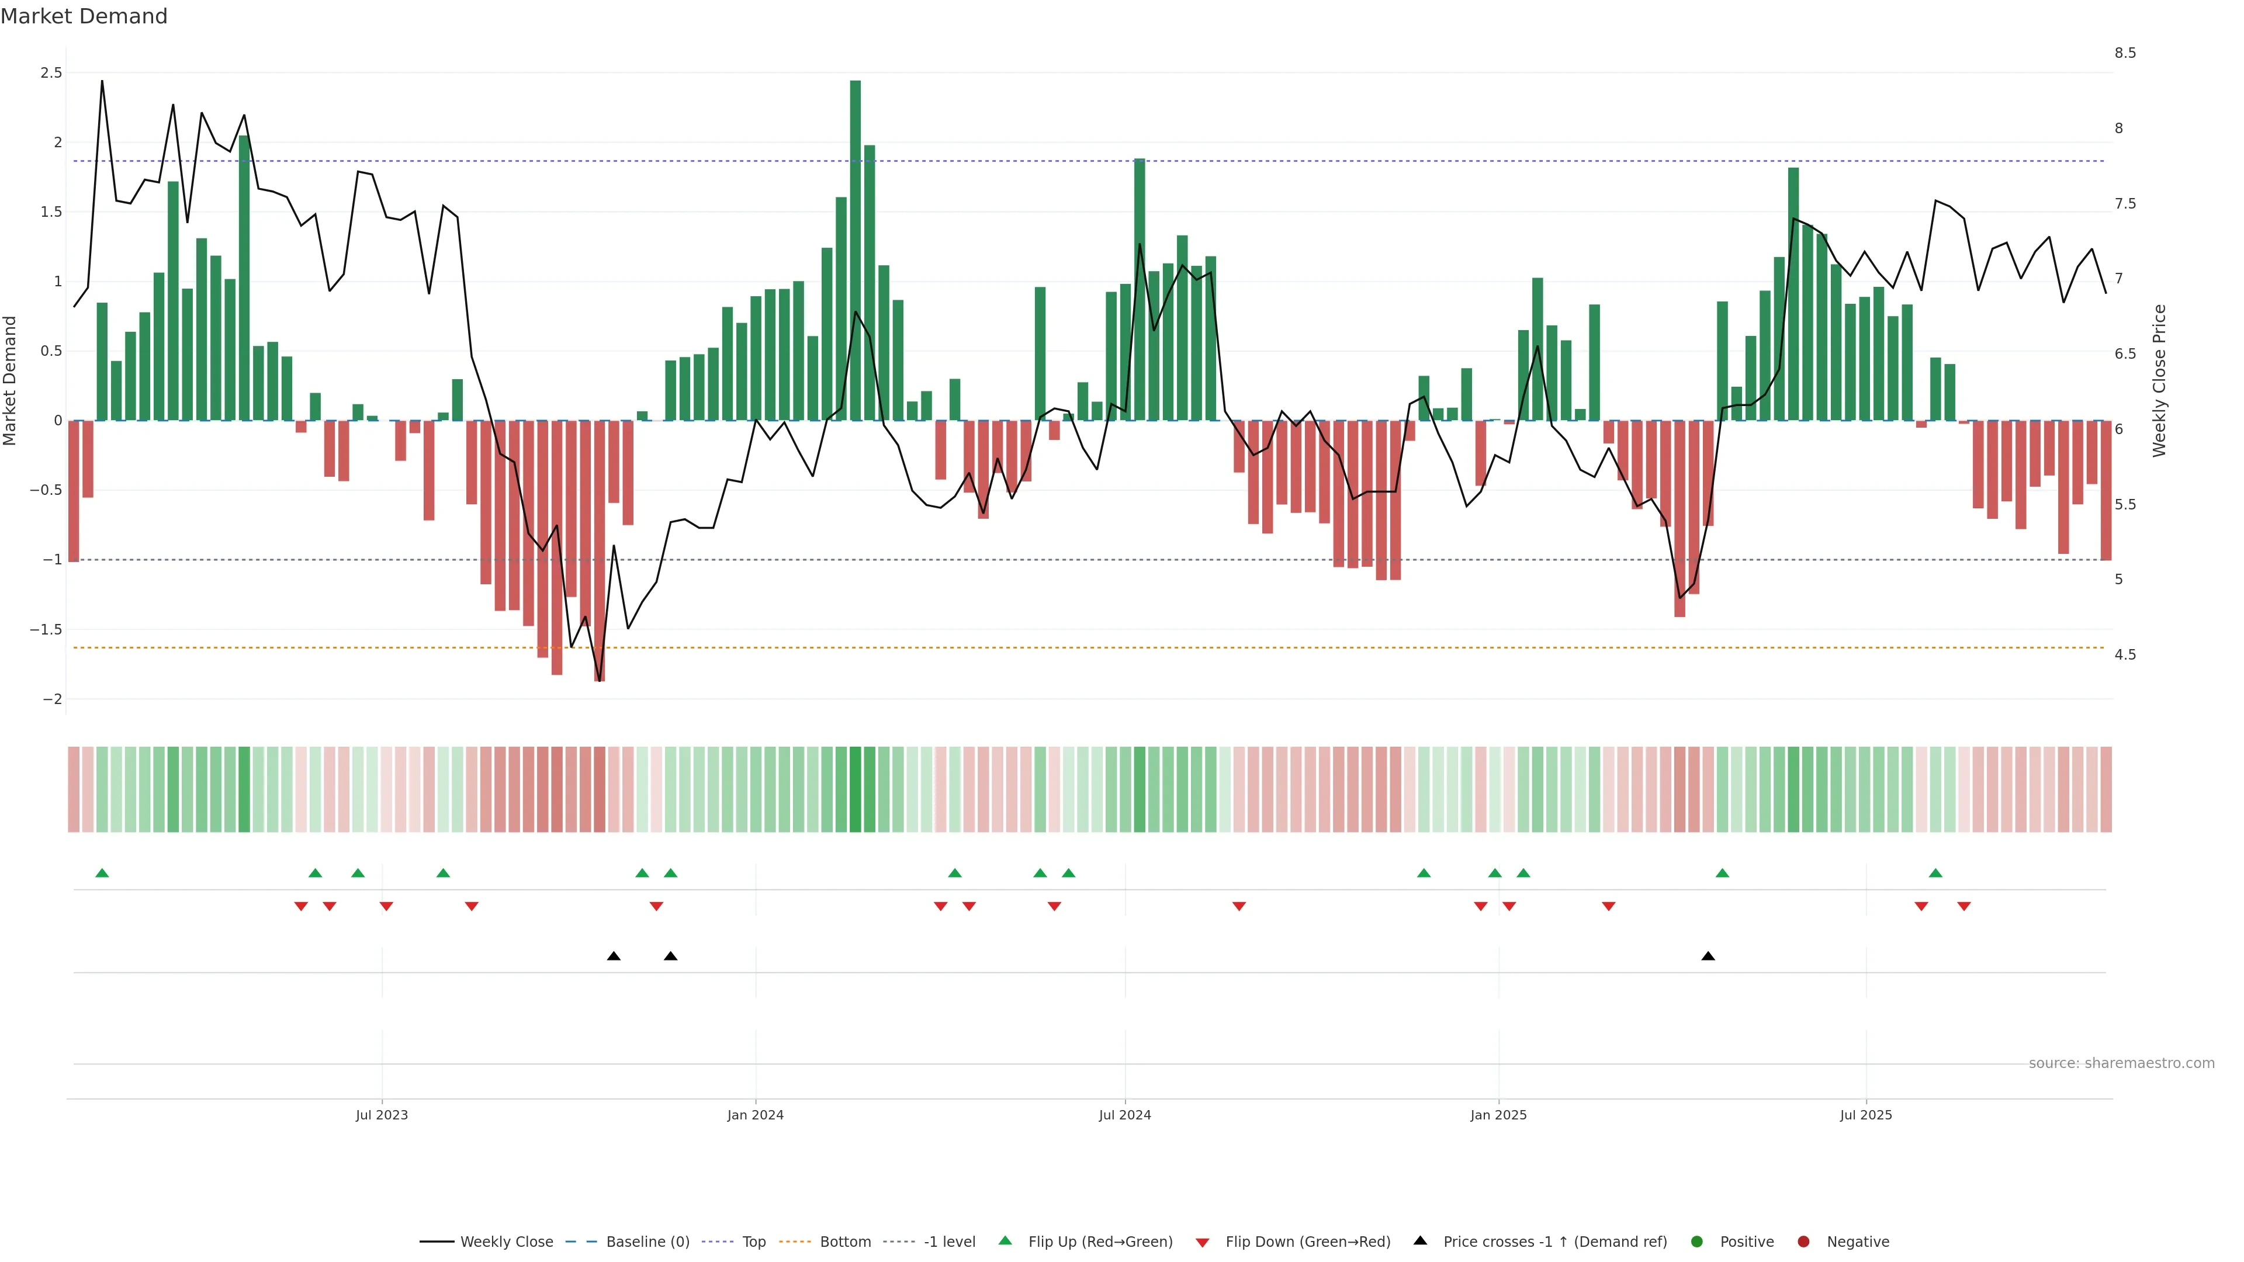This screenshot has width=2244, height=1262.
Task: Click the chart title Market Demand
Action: pos(84,16)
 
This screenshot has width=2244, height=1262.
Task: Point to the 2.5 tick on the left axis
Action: pos(51,73)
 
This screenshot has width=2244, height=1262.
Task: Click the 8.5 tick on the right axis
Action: pos(2125,53)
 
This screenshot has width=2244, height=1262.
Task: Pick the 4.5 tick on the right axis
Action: pos(2125,655)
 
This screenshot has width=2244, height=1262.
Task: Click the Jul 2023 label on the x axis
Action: pos(382,1115)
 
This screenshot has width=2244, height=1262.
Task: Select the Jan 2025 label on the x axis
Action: pos(1498,1115)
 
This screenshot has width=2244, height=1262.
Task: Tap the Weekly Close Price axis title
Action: pos(2159,380)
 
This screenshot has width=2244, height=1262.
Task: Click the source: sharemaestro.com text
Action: pos(2121,1063)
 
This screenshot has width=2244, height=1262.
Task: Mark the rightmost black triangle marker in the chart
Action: pos(1708,956)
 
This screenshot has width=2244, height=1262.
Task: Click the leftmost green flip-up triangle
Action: pos(102,873)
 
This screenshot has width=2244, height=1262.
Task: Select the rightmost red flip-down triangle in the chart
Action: pos(1963,907)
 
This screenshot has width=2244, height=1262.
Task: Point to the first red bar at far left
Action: pos(74,491)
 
